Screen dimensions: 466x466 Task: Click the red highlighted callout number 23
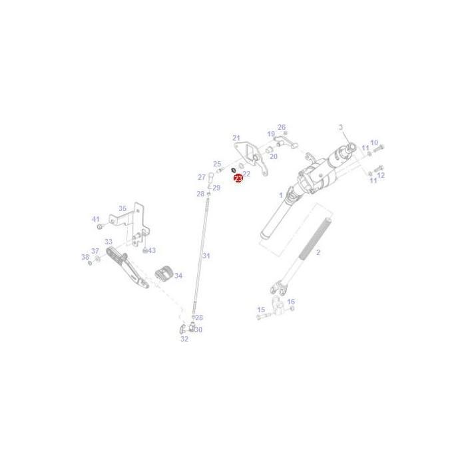click(x=239, y=179)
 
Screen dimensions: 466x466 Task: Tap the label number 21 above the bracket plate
click(x=236, y=138)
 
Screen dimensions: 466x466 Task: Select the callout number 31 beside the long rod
click(x=206, y=256)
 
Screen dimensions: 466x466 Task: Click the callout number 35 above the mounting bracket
click(x=122, y=208)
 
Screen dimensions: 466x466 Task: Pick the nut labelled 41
click(x=100, y=226)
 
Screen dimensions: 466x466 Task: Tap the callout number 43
click(x=151, y=250)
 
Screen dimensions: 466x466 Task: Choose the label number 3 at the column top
click(x=340, y=127)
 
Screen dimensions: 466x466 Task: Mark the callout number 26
click(x=281, y=127)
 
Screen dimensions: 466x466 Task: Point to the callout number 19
click(x=271, y=134)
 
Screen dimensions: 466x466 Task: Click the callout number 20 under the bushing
click(x=274, y=156)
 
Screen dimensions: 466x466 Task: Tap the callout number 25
click(x=217, y=164)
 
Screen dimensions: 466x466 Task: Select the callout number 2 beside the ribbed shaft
click(x=318, y=252)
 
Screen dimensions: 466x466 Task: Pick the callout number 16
click(x=290, y=302)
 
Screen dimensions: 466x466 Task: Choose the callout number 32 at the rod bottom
click(x=184, y=338)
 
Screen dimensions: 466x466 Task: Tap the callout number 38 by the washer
click(x=85, y=257)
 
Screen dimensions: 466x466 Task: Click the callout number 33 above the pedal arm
click(x=109, y=242)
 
